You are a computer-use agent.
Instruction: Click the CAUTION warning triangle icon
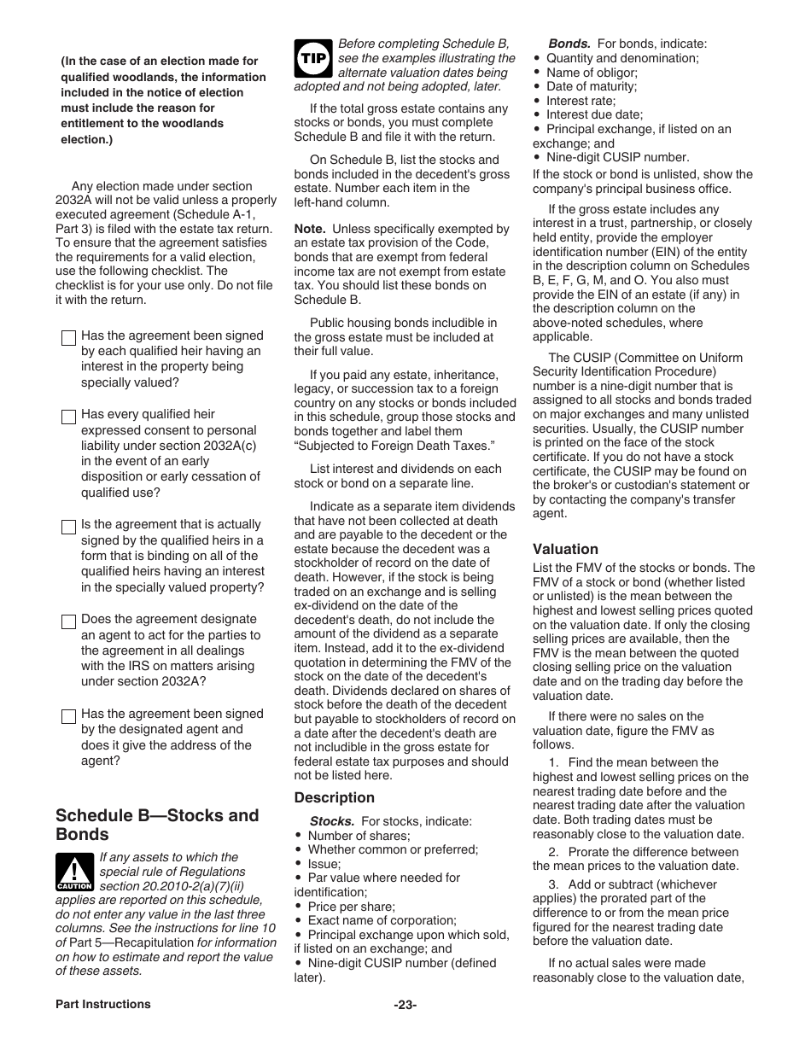point(74,872)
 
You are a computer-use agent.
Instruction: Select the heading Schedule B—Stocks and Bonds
point(157,825)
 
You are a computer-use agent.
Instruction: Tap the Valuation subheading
point(565,549)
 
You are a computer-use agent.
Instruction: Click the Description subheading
point(334,797)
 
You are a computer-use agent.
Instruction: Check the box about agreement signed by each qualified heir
point(68,338)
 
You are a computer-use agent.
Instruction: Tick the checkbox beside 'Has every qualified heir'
point(68,417)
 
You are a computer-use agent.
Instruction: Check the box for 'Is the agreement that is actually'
point(68,527)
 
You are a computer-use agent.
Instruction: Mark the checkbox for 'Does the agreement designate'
point(68,621)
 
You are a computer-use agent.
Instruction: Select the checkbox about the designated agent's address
point(68,716)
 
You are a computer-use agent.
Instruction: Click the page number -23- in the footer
point(405,1005)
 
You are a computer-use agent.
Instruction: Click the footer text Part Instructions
point(102,1004)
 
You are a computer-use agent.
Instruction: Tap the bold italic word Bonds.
point(569,44)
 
